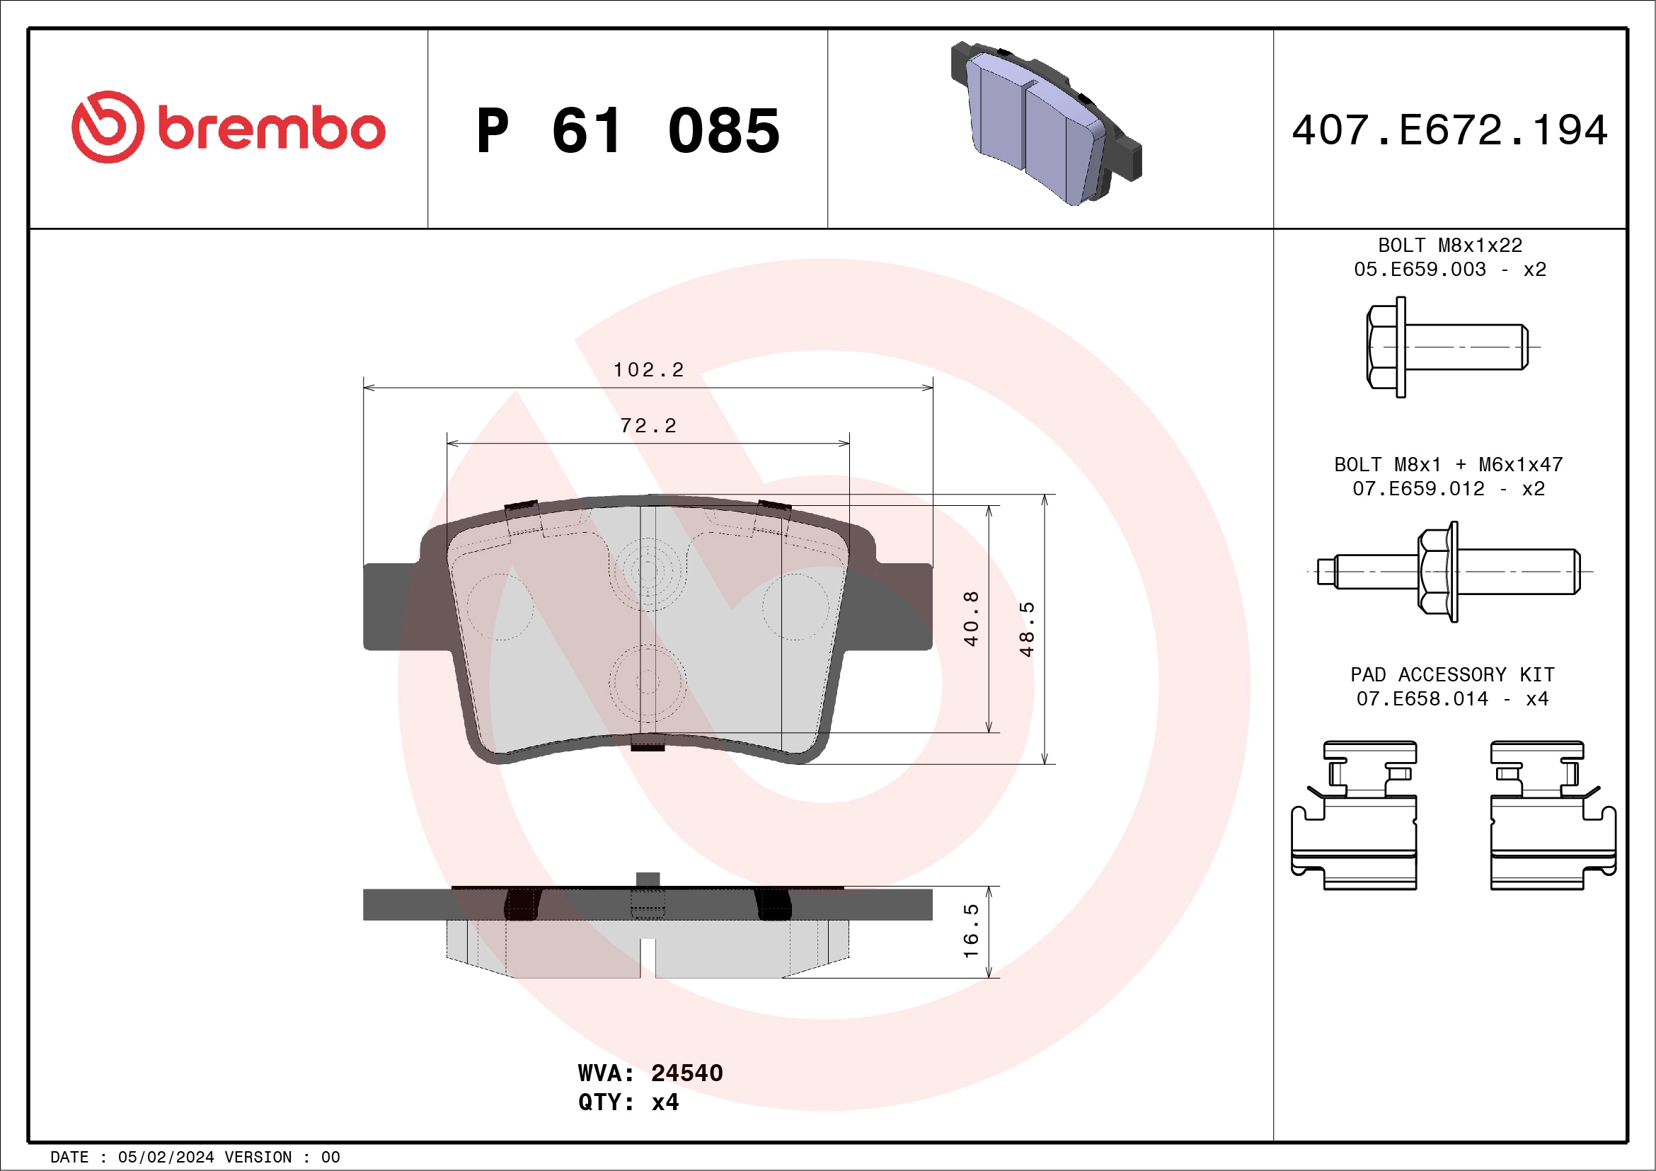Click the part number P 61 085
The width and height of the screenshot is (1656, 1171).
click(628, 131)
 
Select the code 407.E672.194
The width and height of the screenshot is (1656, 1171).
click(1450, 130)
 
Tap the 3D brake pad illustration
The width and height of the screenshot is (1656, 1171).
click(1045, 122)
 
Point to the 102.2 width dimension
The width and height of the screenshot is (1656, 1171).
click(648, 370)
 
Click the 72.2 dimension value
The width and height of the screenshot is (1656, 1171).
click(648, 426)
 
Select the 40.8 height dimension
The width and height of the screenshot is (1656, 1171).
click(971, 618)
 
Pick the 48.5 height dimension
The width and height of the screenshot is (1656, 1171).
click(1026, 630)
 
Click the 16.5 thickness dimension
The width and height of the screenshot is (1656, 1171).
click(971, 931)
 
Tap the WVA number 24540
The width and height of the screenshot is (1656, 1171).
click(686, 1073)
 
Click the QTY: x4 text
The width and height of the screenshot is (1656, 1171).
click(628, 1102)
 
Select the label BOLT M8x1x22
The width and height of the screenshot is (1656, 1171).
click(1450, 245)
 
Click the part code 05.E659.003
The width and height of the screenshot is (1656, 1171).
click(1420, 269)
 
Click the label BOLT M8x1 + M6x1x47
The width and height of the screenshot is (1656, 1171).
click(1448, 464)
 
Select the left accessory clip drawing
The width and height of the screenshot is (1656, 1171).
click(1354, 816)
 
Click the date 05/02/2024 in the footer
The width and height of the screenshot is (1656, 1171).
click(166, 1158)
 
